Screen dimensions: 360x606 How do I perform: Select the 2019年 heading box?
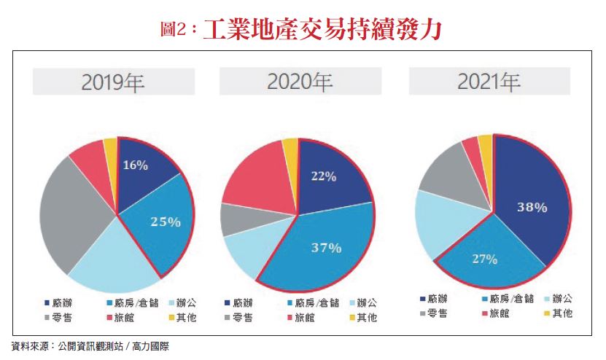point(113,82)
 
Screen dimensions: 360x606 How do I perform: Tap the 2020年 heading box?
point(300,82)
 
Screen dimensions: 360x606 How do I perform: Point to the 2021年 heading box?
point(489,82)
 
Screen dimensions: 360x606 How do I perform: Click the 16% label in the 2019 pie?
point(135,165)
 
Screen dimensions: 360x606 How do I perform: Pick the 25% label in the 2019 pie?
point(166,222)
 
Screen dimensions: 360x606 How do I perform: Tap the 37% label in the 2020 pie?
point(326,248)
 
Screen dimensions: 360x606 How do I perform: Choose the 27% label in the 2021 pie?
point(484,259)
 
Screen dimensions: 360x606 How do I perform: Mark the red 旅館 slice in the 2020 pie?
point(252,175)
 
